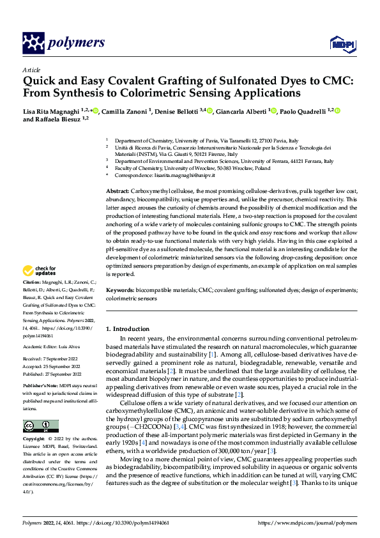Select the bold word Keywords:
(x=120, y=290)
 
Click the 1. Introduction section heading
(x=127, y=329)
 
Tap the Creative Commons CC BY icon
(x=40, y=426)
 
